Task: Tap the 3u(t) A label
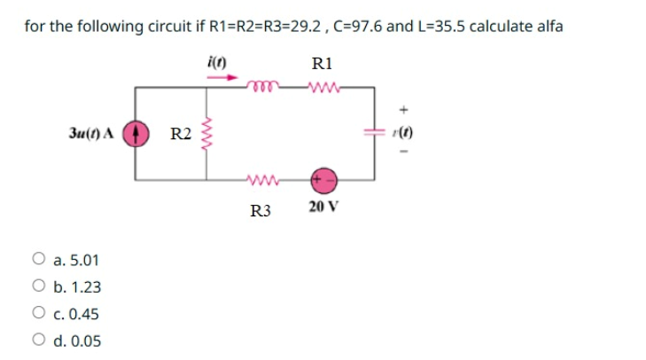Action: pos(91,135)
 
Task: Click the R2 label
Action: pos(181,135)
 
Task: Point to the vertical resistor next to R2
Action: pos(209,135)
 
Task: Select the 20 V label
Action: pos(323,207)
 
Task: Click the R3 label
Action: pos(260,210)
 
